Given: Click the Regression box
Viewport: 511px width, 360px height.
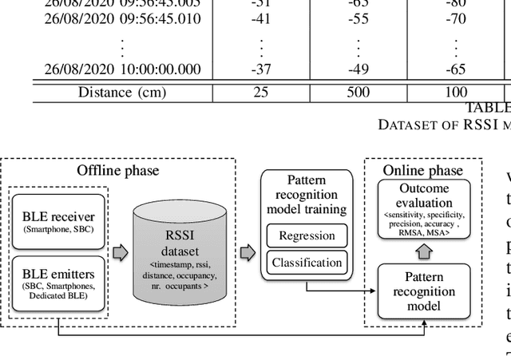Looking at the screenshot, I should click(x=306, y=235).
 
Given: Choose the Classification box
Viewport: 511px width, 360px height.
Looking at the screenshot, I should click(x=306, y=262).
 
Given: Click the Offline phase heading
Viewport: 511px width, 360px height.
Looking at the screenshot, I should click(x=117, y=170).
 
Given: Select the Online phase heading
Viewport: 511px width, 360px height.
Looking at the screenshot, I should click(x=422, y=170).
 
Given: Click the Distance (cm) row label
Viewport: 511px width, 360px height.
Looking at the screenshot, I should click(x=122, y=92).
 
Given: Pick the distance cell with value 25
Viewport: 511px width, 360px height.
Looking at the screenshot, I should click(x=260, y=92).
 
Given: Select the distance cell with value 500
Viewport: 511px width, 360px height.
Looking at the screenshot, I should click(x=358, y=92).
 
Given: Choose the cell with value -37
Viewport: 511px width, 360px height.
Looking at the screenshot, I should click(x=260, y=69).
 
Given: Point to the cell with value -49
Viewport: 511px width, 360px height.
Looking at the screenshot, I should click(x=358, y=69).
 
